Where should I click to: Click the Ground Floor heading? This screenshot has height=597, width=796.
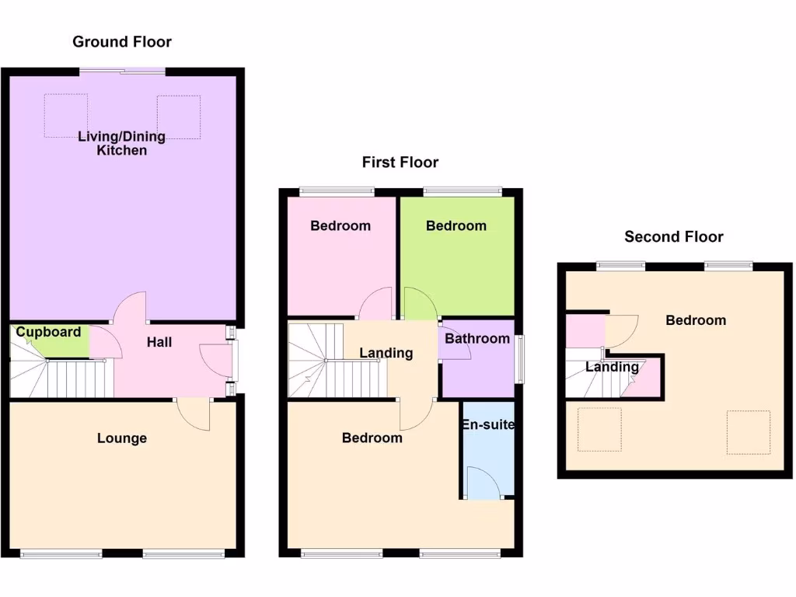click(122, 42)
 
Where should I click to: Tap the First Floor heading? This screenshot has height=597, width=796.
click(400, 162)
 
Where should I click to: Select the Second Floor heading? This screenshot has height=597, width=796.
click(673, 237)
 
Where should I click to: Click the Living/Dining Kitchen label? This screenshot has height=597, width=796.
click(121, 143)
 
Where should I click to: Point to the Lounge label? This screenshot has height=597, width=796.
click(122, 438)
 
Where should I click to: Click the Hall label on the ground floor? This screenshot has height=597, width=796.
click(159, 342)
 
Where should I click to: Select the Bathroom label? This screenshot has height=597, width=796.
click(477, 338)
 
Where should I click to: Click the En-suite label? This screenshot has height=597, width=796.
click(487, 425)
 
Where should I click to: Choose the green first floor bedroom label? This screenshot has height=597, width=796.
click(456, 225)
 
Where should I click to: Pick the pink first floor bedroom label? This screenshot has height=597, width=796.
click(340, 226)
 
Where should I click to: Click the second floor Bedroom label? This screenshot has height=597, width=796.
click(696, 320)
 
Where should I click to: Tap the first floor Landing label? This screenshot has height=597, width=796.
click(386, 353)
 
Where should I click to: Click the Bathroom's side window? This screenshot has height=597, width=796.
click(519, 358)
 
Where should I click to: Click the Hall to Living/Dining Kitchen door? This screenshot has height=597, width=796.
click(131, 306)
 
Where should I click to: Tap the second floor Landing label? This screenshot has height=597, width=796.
click(612, 367)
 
